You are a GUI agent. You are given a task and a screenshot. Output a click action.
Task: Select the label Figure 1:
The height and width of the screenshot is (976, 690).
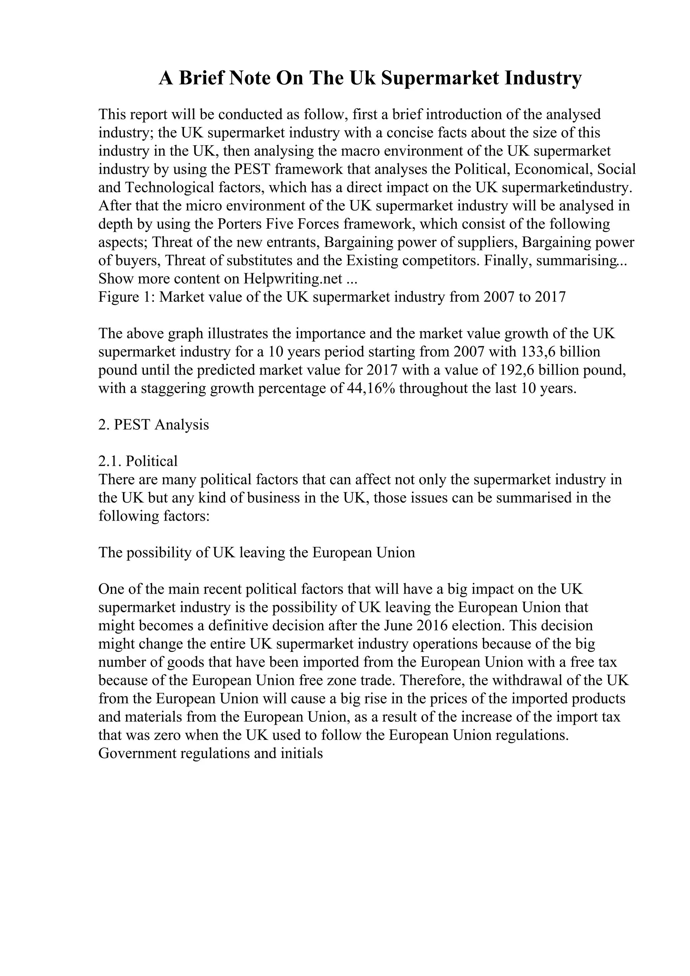pos(126,297)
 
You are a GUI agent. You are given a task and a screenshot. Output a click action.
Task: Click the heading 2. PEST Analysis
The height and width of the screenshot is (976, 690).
pos(154,425)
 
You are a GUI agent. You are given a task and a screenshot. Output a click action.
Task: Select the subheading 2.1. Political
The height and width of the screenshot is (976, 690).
pos(138,462)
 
